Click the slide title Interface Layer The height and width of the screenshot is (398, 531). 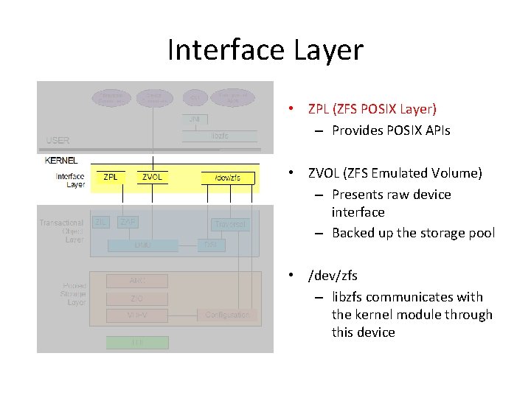pyautogui.click(x=265, y=50)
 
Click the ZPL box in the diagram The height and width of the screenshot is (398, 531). pyautogui.click(x=111, y=178)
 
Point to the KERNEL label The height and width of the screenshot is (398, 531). pyautogui.click(x=61, y=160)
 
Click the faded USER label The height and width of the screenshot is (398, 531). pyautogui.click(x=58, y=140)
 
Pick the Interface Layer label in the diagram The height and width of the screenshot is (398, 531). pyautogui.click(x=70, y=181)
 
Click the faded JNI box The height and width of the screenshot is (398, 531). pyautogui.click(x=195, y=119)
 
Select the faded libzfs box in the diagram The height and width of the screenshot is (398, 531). pyautogui.click(x=220, y=136)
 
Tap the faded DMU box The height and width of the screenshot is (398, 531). pyautogui.click(x=143, y=245)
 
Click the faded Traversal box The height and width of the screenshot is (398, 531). pyautogui.click(x=229, y=223)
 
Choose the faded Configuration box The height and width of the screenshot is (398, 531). pyautogui.click(x=227, y=315)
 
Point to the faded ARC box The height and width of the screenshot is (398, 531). pyautogui.click(x=137, y=281)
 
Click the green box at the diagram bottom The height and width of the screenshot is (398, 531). pyautogui.click(x=137, y=343)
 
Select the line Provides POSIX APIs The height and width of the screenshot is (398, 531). pyautogui.click(x=391, y=130)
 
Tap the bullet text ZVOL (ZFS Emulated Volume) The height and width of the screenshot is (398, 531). pyautogui.click(x=395, y=173)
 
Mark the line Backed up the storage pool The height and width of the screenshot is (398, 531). pyautogui.click(x=413, y=233)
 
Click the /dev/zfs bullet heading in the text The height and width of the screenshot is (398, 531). pyautogui.click(x=333, y=276)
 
